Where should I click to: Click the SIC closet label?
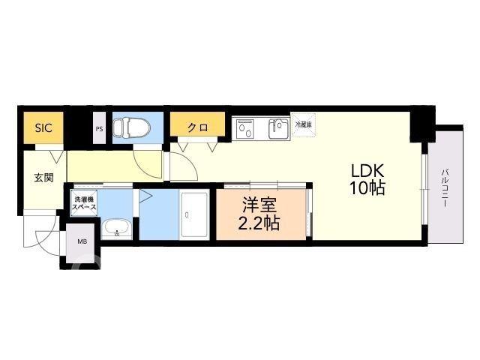point(43,127)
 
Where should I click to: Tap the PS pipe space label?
point(99,129)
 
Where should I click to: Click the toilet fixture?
point(131,127)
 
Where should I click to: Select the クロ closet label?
point(197,127)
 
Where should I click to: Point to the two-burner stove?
point(245,129)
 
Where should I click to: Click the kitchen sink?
point(278,128)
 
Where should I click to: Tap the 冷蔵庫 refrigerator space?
point(303,125)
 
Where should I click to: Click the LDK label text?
point(367,171)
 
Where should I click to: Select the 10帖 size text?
point(367,188)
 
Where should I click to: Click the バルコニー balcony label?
point(445,188)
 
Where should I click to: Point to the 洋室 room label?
point(259,205)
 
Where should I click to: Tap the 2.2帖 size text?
point(259,223)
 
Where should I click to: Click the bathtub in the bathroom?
point(194,214)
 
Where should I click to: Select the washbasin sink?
point(117,227)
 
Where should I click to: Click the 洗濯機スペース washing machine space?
point(84,203)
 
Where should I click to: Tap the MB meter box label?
point(82,241)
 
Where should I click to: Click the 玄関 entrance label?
point(44,178)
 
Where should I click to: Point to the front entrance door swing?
point(43,235)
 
